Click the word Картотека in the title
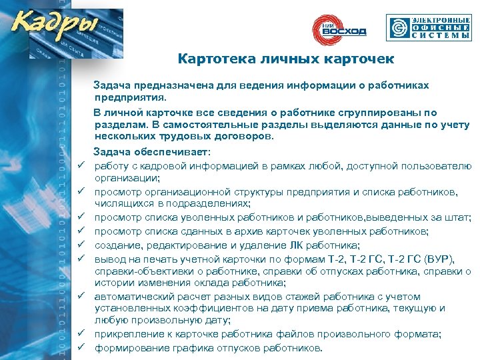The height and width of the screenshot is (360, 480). (212, 59)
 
